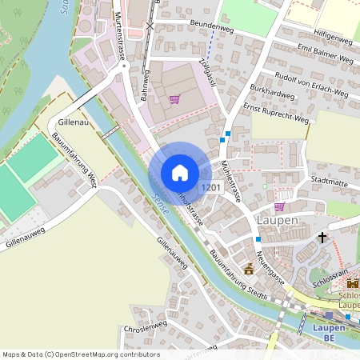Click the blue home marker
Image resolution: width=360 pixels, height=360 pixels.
click(x=179, y=173)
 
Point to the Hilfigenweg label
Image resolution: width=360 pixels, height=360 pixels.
click(x=334, y=38)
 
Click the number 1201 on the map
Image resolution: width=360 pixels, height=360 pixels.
click(x=211, y=187)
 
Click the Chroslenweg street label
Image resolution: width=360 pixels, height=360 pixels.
click(x=145, y=327)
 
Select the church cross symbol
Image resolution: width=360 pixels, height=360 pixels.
click(x=322, y=238)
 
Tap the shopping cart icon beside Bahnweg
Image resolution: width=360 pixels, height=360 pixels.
click(x=174, y=99)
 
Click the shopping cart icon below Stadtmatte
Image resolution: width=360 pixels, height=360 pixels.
click(x=279, y=206)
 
